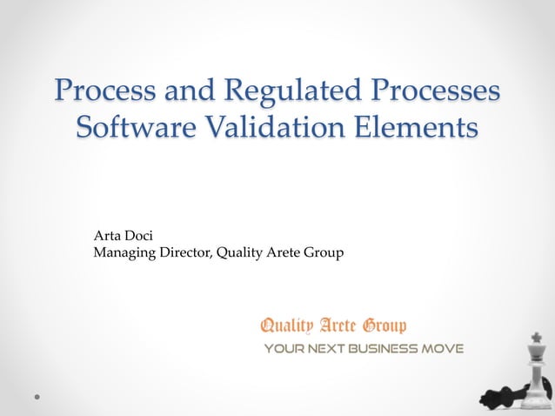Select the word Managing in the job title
pyautogui.click(x=121, y=253)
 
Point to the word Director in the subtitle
pyautogui.click(x=182, y=253)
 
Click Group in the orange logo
pyautogui.click(x=384, y=326)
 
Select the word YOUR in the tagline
pyautogui.click(x=283, y=349)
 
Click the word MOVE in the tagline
pyautogui.click(x=443, y=349)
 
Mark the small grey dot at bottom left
pyautogui.click(x=37, y=395)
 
